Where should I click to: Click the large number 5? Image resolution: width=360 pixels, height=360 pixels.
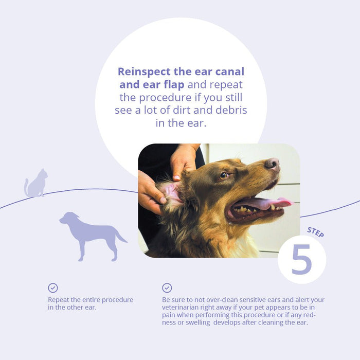click(x=301, y=260)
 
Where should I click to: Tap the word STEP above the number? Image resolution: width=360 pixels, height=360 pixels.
click(x=315, y=231)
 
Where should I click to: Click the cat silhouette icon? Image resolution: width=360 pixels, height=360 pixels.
click(x=36, y=183)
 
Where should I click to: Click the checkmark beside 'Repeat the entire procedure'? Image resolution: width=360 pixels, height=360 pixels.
click(x=53, y=288)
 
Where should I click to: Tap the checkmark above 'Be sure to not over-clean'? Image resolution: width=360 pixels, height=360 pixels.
click(x=167, y=288)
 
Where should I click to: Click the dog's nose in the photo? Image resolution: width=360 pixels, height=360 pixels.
click(x=272, y=164)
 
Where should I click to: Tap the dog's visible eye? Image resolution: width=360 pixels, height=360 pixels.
click(x=224, y=175)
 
